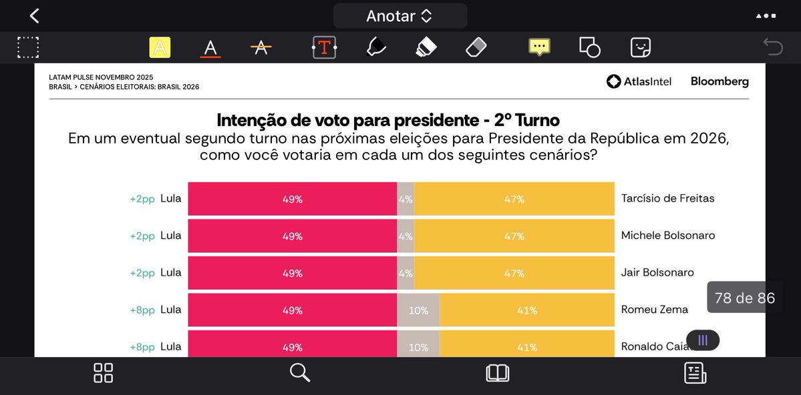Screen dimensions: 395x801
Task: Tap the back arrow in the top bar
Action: click(34, 16)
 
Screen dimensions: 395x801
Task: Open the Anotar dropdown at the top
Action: click(399, 16)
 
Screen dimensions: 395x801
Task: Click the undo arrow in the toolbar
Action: click(773, 47)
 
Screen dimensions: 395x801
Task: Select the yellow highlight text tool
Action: click(160, 47)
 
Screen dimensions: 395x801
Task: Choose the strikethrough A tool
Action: click(261, 47)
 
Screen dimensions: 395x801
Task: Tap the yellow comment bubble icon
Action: click(539, 47)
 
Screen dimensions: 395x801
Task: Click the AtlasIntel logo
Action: click(639, 81)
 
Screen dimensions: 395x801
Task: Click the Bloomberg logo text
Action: click(719, 81)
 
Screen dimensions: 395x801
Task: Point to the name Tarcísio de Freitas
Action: click(667, 198)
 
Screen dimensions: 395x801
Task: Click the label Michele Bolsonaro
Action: click(667, 236)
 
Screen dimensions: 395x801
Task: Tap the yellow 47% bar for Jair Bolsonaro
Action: click(514, 273)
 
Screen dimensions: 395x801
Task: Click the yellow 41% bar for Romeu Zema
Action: click(527, 310)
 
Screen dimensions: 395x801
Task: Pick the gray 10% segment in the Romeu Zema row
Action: click(418, 310)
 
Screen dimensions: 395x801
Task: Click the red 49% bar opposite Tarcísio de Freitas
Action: click(292, 199)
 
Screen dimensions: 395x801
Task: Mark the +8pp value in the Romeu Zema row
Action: click(142, 310)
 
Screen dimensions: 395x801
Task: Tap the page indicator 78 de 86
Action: click(744, 298)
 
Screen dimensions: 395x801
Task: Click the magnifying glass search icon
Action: click(300, 373)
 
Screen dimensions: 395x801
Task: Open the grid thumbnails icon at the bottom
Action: click(104, 373)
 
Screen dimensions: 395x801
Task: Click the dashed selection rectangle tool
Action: click(28, 47)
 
